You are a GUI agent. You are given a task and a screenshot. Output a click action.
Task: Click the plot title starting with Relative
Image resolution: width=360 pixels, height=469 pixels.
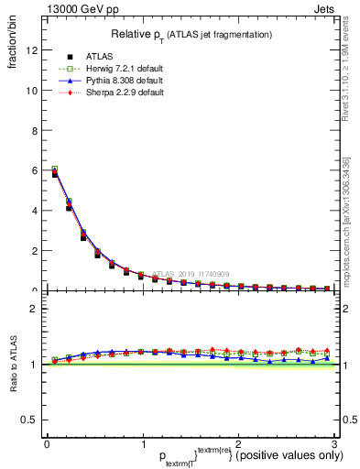tap(191, 34)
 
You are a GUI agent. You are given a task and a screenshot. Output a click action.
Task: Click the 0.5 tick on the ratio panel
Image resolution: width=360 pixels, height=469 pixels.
tap(28, 420)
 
